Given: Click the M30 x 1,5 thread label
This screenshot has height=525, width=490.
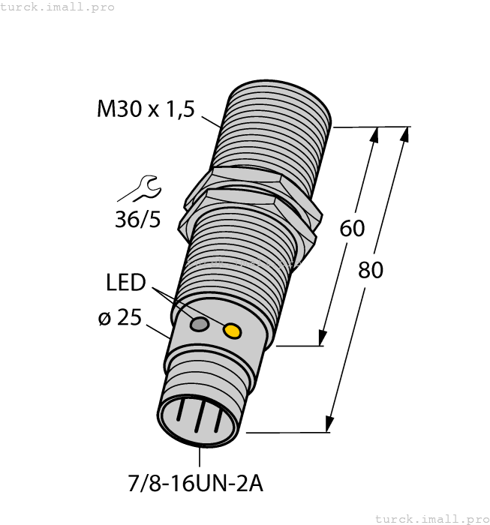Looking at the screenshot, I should (x=146, y=109).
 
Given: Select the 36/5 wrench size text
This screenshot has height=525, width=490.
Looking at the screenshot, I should (x=137, y=220).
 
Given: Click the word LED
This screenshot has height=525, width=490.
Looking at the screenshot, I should (x=125, y=283).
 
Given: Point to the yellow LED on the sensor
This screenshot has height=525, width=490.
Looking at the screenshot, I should (x=233, y=330).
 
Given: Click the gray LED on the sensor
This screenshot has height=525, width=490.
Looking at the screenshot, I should (x=200, y=324).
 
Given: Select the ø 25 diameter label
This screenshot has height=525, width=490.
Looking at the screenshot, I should (x=119, y=318).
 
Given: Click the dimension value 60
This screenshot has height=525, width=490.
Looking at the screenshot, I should (x=352, y=228).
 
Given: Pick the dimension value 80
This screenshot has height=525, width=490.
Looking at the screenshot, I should (x=370, y=269).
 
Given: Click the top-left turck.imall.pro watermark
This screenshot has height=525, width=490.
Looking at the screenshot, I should (x=58, y=7).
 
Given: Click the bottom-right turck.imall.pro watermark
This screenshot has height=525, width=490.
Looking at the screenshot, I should (x=431, y=518).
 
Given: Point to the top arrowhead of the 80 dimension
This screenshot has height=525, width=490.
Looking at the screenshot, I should (x=405, y=134).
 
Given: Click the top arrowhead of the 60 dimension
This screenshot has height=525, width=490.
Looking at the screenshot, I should (x=375, y=135).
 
